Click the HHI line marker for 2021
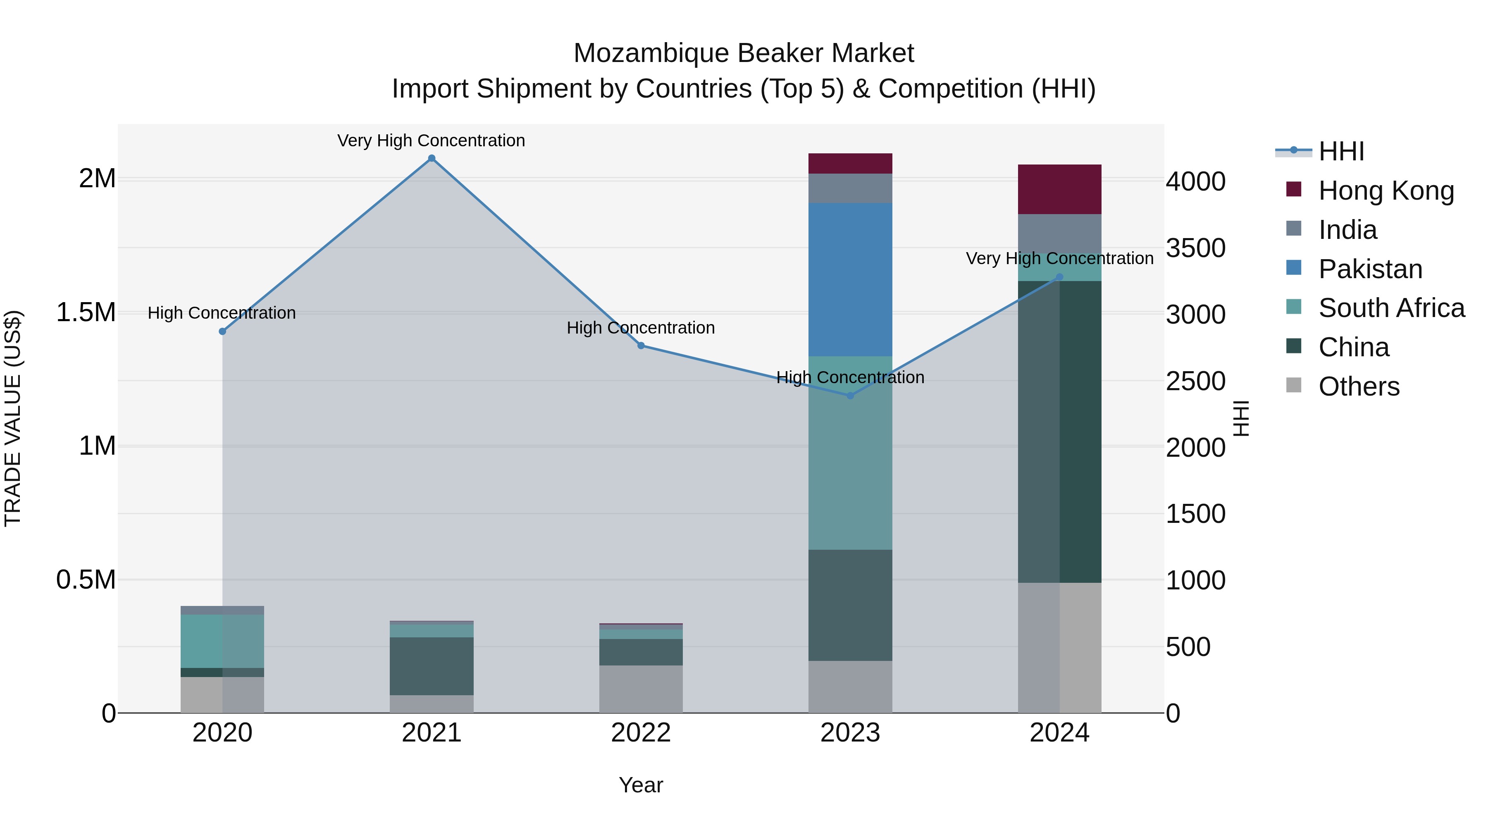click(x=432, y=158)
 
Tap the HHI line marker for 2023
click(x=850, y=396)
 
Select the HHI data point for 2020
click(x=222, y=331)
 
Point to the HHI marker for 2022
click(x=641, y=346)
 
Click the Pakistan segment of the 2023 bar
click(x=850, y=279)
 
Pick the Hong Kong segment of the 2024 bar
click(x=1059, y=189)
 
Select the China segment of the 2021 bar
click(x=432, y=666)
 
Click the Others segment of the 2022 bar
click(x=641, y=689)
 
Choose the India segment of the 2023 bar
click(x=850, y=188)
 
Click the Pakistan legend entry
click(x=1370, y=269)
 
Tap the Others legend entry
click(x=1359, y=386)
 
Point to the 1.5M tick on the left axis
click(x=86, y=312)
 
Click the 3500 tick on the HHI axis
click(x=1195, y=248)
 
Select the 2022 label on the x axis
click(x=641, y=733)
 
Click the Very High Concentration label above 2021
click(x=431, y=141)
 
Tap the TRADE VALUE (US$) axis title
click(x=13, y=418)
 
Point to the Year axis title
click(x=641, y=785)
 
